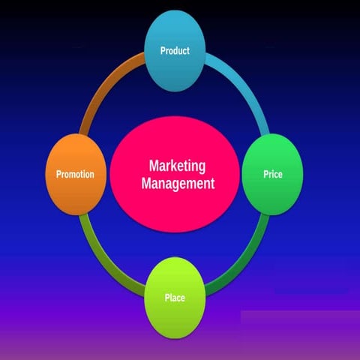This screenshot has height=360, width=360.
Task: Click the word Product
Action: coord(175,51)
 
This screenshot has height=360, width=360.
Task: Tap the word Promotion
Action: coord(75,174)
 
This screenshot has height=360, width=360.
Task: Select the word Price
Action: coord(273,174)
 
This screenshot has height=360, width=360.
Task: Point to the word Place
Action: coord(175,298)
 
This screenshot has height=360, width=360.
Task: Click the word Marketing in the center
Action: coord(177,166)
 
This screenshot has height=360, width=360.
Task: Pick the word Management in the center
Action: coord(178,183)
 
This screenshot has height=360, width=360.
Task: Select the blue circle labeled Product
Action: coord(175,51)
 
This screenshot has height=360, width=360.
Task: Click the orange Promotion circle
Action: coord(76,174)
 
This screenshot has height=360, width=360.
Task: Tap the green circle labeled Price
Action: coord(273,174)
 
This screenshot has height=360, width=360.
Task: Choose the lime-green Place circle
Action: coord(175,298)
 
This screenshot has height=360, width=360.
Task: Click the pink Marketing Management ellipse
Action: coord(175,174)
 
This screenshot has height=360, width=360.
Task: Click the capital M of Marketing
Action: coord(154,166)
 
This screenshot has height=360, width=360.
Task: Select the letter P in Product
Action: coord(163,51)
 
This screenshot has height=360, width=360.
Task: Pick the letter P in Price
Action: coord(266,174)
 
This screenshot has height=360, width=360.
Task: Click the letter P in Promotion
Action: coord(58,174)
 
